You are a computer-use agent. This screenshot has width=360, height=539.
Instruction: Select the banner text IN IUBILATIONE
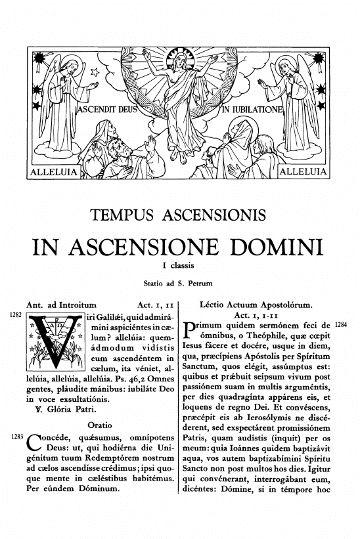(x=252, y=108)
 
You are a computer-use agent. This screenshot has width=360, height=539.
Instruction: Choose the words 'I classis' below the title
(x=179, y=266)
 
